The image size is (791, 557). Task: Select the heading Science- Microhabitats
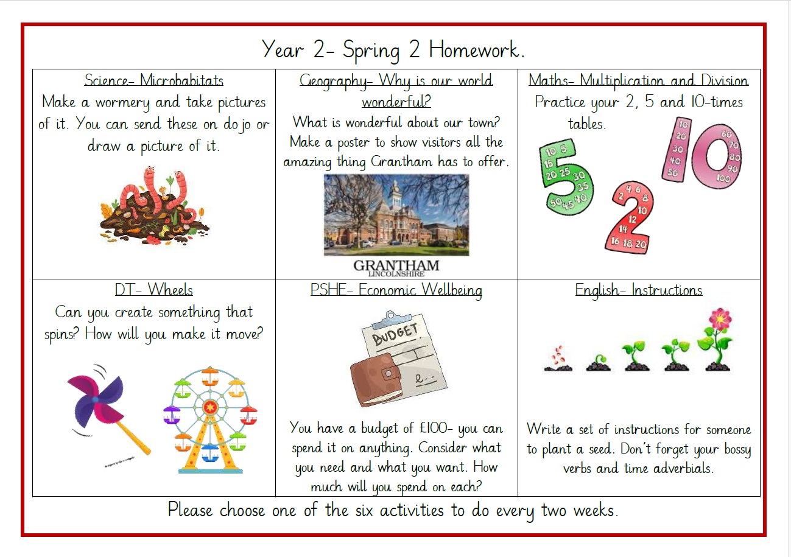153,80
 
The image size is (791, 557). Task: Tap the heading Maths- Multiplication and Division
638,80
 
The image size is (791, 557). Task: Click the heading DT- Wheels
153,290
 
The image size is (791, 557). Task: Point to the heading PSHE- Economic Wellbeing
396,290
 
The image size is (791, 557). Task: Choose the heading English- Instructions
638,290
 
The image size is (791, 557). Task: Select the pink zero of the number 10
717,156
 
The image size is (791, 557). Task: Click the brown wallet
376,379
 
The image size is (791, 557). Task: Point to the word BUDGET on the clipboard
395,334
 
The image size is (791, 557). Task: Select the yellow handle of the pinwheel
133,437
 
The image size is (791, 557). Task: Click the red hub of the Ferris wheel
210,407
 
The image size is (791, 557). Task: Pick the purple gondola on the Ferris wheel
172,415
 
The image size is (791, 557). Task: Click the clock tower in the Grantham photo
396,195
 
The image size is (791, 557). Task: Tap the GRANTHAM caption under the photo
396,265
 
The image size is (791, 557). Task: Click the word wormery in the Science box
122,103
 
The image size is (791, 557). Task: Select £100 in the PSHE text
434,428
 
